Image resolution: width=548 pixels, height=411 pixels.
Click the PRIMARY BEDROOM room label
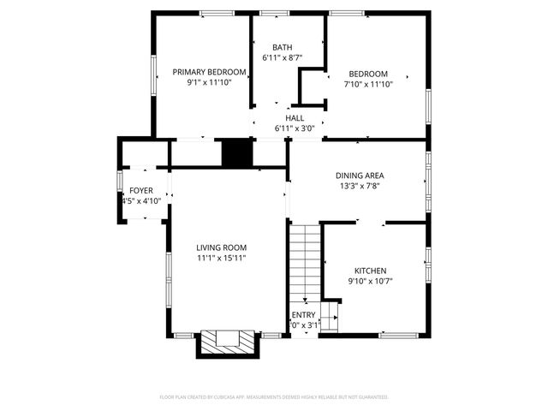[x=210, y=72]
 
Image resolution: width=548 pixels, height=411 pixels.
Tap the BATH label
[x=283, y=47]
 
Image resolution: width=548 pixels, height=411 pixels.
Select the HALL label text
[x=295, y=118]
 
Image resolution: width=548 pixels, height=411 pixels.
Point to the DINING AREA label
[x=360, y=176]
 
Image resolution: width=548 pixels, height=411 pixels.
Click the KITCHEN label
[x=370, y=270]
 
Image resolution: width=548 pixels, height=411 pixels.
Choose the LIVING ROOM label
[x=221, y=247]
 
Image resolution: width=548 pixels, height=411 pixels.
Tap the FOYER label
[x=141, y=190]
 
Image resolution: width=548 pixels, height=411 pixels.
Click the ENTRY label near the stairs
[x=304, y=315]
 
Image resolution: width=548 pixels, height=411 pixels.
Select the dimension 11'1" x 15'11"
[x=221, y=258]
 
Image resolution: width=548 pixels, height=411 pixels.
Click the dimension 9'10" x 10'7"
[x=370, y=281]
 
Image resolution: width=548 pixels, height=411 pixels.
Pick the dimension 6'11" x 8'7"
[x=283, y=57]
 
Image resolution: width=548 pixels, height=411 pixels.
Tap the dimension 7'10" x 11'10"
[x=368, y=84]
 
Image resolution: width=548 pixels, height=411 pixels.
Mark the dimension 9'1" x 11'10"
[x=210, y=83]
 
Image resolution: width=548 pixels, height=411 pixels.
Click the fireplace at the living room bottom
[x=228, y=343]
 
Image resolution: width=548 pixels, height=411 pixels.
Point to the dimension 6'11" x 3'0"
[x=295, y=128]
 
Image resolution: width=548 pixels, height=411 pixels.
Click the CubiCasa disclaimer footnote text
[x=274, y=397]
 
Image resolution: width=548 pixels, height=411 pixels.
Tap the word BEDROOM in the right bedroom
[x=368, y=74]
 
